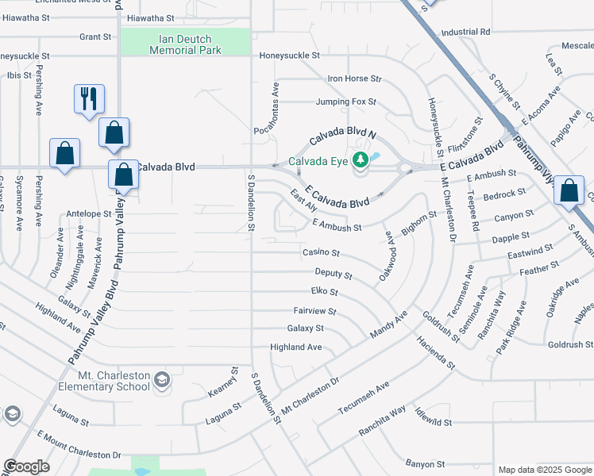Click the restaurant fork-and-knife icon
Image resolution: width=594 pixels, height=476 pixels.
(x=88, y=98)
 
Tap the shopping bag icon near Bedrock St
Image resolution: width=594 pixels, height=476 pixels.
(x=569, y=191)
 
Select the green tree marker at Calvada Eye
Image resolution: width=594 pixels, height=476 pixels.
(x=361, y=160)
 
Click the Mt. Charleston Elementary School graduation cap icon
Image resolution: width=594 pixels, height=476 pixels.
(x=162, y=379)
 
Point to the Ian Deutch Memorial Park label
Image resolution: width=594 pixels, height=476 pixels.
(x=186, y=44)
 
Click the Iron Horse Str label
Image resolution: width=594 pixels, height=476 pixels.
(x=354, y=79)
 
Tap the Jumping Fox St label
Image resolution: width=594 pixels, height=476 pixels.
(x=345, y=102)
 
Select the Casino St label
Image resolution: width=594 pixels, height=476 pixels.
(x=321, y=253)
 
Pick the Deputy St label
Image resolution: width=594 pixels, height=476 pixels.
(x=334, y=273)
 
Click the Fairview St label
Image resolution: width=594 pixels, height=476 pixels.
(x=315, y=312)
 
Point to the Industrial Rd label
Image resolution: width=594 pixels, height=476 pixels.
(x=465, y=33)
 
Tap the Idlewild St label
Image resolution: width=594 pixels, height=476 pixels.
(x=432, y=422)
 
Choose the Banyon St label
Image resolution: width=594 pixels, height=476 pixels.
(x=425, y=463)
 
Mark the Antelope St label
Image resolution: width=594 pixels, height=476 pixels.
(x=89, y=213)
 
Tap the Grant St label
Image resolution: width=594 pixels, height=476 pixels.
(x=95, y=36)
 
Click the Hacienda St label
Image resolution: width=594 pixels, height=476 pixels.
(x=434, y=354)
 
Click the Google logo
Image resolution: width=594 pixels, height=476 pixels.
(x=26, y=466)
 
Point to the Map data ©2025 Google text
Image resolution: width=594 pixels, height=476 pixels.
(x=544, y=470)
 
